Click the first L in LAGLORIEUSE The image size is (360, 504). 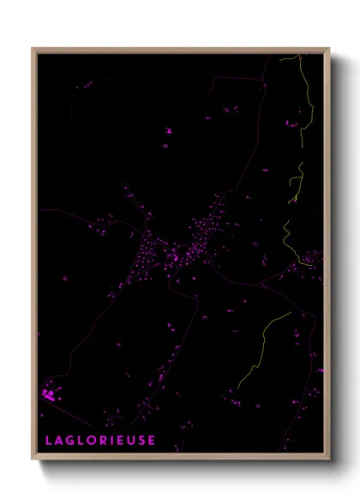(48, 440)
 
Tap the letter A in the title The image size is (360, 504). (59, 440)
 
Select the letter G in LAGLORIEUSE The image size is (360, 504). (70, 440)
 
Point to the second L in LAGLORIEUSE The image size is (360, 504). (81, 440)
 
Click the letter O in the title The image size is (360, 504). (93, 440)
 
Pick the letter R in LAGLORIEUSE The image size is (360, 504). (104, 440)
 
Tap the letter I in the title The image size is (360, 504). (112, 440)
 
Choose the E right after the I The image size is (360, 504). (120, 440)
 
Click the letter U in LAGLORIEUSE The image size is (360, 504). (131, 440)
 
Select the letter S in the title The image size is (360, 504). (141, 440)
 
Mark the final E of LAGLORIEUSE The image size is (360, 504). (152, 440)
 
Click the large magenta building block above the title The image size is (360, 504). (48, 394)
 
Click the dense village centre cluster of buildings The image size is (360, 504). (171, 253)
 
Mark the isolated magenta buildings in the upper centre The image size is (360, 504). (168, 131)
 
